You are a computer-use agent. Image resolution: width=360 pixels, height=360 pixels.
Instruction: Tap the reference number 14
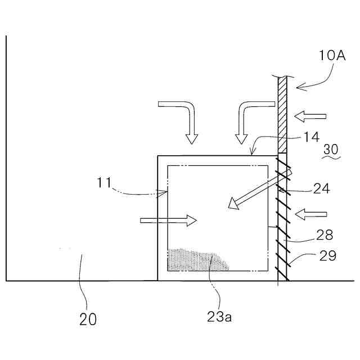tap(312, 137)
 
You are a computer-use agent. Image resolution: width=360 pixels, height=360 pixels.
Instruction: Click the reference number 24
tap(321, 190)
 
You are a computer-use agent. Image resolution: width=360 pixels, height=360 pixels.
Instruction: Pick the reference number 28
tap(325, 235)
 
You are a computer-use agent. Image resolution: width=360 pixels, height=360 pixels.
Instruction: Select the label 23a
tap(219, 317)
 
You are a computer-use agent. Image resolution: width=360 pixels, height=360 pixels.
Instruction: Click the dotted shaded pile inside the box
tap(197, 260)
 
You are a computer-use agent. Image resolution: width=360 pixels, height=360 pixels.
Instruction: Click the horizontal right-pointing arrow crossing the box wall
tap(169, 220)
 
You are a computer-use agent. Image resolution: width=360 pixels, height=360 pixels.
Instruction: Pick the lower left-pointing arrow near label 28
tap(310, 214)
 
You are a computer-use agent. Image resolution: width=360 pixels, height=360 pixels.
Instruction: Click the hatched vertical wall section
tap(282, 115)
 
